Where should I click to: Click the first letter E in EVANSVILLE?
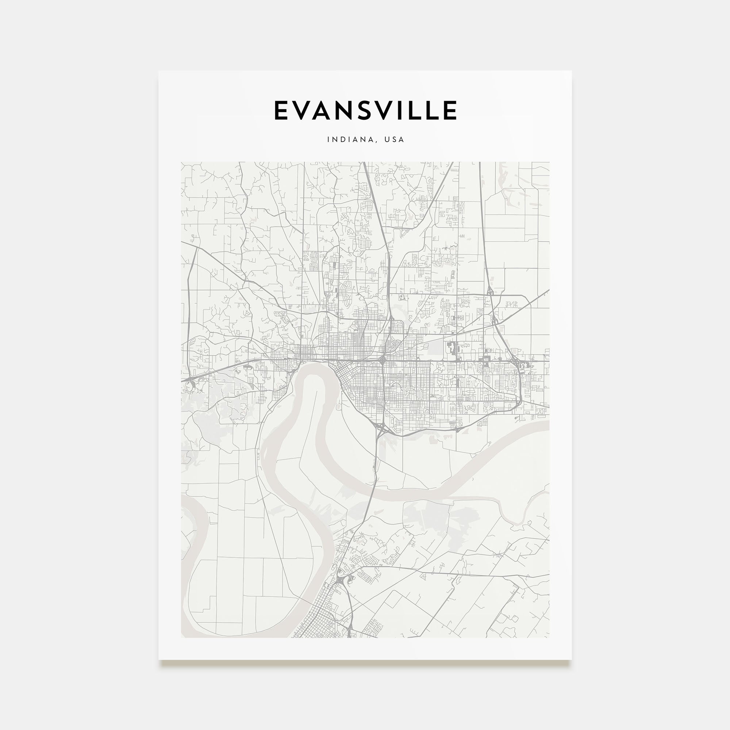coord(282,110)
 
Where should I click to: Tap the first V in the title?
coord(304,110)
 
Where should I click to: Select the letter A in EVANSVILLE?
coord(327,110)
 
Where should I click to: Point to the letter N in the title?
coord(351,110)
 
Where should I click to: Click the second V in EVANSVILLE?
coord(393,110)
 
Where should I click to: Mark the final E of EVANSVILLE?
coord(451,110)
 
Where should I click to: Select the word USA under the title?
coord(394,139)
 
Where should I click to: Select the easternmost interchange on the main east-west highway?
coord(520,365)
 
